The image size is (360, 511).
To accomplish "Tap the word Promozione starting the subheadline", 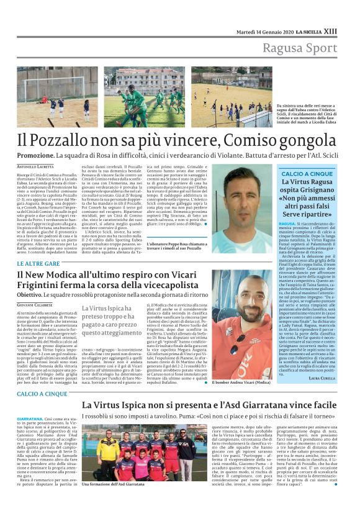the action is point(35,154).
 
